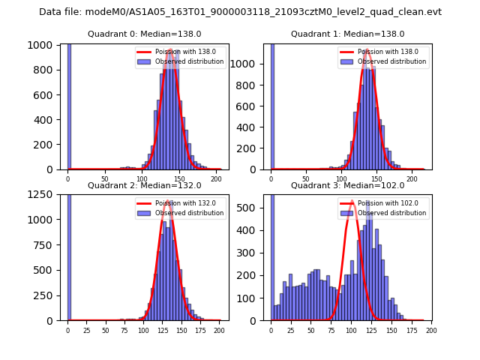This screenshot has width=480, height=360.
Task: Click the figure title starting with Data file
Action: click(x=240, y=12)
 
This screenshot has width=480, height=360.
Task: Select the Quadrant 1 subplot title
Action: click(x=347, y=34)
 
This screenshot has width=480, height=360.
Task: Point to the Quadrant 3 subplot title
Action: click(x=347, y=185)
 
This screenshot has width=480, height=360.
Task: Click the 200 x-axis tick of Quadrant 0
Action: click(x=216, y=178)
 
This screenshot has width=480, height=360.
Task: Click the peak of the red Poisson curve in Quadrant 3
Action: click(x=352, y=201)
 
